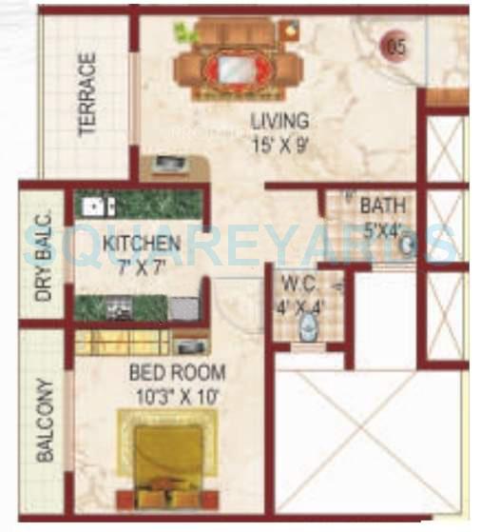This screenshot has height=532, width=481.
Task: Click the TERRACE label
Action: coord(87,94)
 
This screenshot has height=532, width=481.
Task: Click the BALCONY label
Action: coord(44,422)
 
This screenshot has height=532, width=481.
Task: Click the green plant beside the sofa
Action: coord(180,32)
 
